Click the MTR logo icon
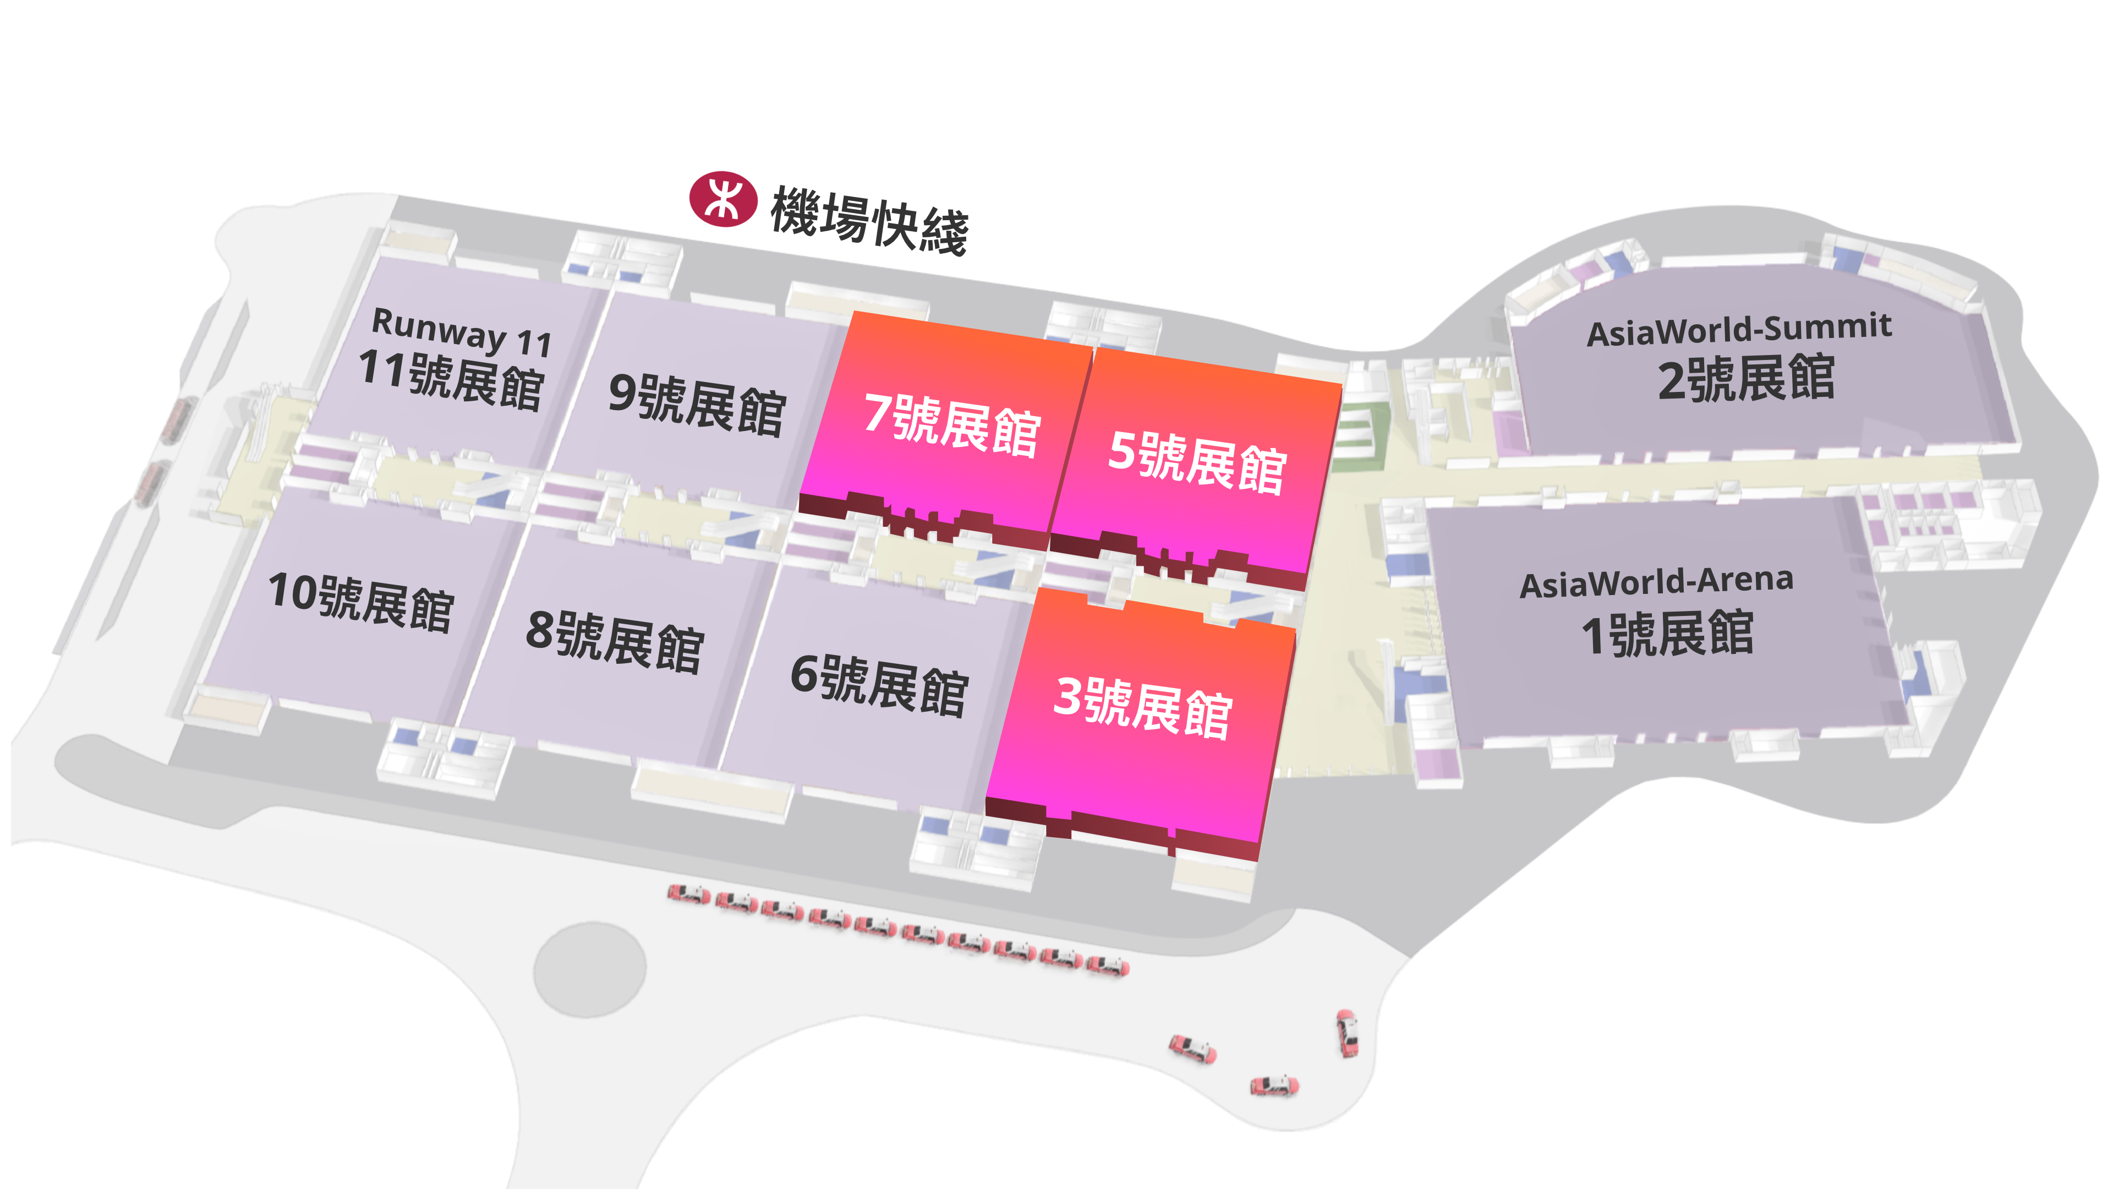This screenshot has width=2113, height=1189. [722, 199]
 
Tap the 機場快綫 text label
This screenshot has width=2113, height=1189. [869, 220]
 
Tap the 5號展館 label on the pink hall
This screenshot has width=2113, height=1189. [1197, 462]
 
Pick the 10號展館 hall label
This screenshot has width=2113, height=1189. [362, 602]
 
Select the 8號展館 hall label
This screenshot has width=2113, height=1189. [615, 641]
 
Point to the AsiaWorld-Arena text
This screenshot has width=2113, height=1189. [1656, 582]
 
